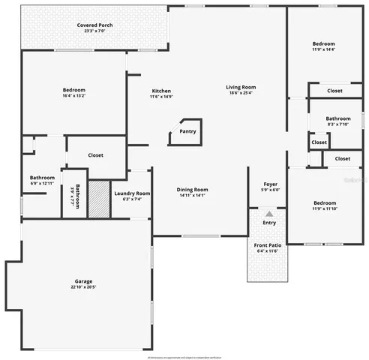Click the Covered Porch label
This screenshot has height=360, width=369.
[94, 25]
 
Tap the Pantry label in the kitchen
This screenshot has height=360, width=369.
[187, 132]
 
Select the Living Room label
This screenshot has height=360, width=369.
[241, 88]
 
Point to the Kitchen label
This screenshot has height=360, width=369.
[161, 91]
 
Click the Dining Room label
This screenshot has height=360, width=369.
[192, 189]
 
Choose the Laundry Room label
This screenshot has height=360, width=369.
[132, 193]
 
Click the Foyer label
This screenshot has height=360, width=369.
[270, 184]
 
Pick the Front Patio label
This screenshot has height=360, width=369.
[268, 244]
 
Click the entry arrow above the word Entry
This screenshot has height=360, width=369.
[269, 214]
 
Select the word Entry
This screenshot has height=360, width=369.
[269, 223]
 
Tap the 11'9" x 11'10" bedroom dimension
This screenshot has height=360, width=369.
[325, 209]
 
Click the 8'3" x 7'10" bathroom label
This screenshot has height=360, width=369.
[337, 124]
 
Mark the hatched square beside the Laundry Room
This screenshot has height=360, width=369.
[99, 199]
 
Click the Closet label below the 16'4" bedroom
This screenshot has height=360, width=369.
[95, 155]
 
